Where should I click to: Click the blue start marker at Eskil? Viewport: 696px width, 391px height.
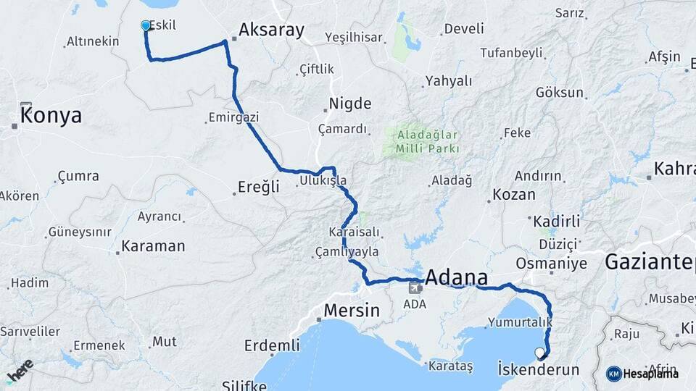pyautogui.click(x=146, y=26)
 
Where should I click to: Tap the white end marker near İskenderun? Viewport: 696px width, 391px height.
pyautogui.click(x=539, y=353)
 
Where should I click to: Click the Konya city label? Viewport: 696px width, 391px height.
pyautogui.click(x=51, y=116)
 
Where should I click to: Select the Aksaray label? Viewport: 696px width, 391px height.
pyautogui.click(x=271, y=30)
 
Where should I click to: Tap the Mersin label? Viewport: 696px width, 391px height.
pyautogui.click(x=351, y=311)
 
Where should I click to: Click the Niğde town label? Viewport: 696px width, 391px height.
pyautogui.click(x=350, y=104)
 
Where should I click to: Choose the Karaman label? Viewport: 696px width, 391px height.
pyautogui.click(x=153, y=246)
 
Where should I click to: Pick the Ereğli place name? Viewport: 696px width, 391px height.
pyautogui.click(x=259, y=187)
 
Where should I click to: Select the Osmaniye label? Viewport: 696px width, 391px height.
pyautogui.click(x=551, y=263)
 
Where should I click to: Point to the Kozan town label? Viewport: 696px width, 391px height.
pyautogui.click(x=513, y=194)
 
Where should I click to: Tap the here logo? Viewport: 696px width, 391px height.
pyautogui.click(x=19, y=371)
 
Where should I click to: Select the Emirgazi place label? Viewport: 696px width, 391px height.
pyautogui.click(x=233, y=117)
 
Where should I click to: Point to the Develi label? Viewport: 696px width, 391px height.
pyautogui.click(x=463, y=30)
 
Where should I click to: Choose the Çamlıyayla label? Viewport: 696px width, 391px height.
pyautogui.click(x=347, y=251)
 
